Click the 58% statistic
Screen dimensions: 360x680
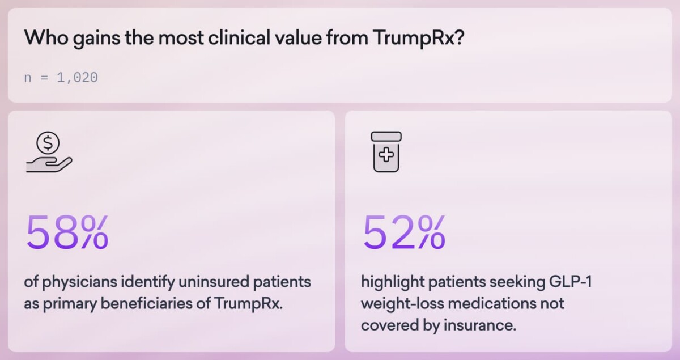coord(67,232)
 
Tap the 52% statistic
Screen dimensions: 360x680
coord(403,232)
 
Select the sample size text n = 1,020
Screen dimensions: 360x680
coord(61,78)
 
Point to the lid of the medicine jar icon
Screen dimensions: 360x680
coord(386,136)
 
